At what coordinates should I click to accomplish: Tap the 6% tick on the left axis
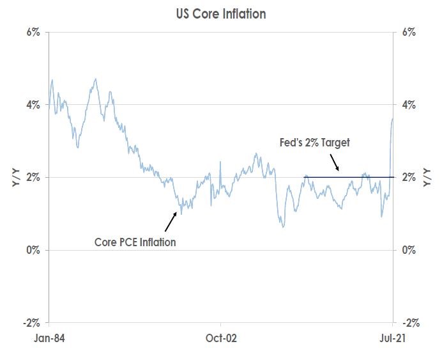tap(33, 32)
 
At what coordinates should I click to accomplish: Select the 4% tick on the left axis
tap(33, 104)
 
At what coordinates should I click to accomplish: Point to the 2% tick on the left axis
tap(33, 177)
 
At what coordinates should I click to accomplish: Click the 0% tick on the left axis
tap(33, 249)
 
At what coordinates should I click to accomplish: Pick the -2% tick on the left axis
tap(32, 322)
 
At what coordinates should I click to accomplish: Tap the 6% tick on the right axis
tap(408, 32)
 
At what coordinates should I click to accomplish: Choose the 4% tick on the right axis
tap(408, 104)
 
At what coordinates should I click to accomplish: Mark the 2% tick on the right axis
tap(408, 177)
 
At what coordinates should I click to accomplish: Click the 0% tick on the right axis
tap(408, 249)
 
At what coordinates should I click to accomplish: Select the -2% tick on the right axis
tap(409, 322)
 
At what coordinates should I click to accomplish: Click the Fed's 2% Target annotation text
tap(316, 143)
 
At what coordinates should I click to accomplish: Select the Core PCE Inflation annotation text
tap(134, 242)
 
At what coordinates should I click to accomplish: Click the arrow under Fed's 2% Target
tap(337, 164)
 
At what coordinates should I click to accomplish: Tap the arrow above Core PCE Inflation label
tap(170, 221)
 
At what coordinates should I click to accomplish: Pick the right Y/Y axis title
tap(427, 177)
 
